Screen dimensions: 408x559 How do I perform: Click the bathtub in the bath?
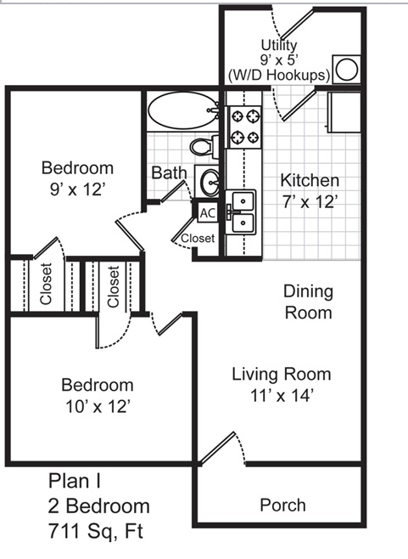(183, 110)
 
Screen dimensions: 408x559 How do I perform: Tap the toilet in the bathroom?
(204, 146)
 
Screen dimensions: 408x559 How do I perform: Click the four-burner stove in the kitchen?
(245, 127)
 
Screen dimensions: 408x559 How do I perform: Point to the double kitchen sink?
(241, 212)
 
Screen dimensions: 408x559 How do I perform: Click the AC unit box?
(208, 213)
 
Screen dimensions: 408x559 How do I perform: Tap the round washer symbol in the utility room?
(346, 69)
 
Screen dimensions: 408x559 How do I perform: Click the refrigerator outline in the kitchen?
(344, 112)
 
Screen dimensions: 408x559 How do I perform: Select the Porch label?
(282, 505)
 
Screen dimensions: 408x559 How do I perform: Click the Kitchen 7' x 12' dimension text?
(310, 202)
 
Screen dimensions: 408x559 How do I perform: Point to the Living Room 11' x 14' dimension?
(282, 395)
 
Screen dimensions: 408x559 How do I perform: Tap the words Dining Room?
(308, 302)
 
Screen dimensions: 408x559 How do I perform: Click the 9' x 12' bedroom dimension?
(77, 189)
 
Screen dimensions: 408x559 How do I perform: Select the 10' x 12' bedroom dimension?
(98, 406)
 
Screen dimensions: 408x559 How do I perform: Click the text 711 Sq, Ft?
(95, 531)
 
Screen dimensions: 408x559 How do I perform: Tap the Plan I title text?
(74, 480)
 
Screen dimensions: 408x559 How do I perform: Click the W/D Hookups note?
(279, 76)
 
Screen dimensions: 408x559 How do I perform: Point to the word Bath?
(169, 172)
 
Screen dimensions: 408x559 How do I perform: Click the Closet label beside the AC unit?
(198, 238)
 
